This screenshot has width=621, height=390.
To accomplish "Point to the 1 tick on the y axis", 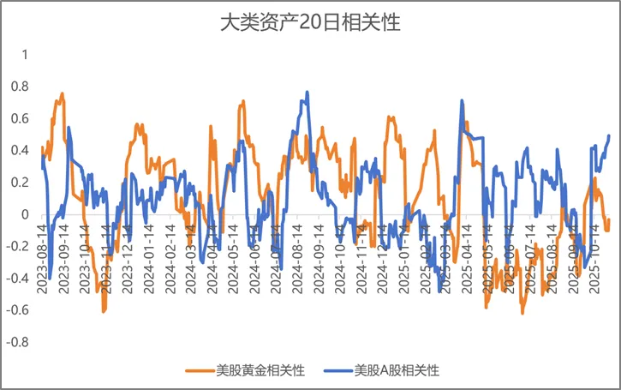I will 25,55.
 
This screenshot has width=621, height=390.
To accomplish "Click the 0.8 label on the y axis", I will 20,87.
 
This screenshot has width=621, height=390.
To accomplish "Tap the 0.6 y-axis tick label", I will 20,118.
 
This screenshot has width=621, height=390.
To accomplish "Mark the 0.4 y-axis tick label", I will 20,150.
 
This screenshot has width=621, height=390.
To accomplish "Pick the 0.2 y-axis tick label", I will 20,183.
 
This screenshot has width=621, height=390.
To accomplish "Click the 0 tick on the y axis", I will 25,214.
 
